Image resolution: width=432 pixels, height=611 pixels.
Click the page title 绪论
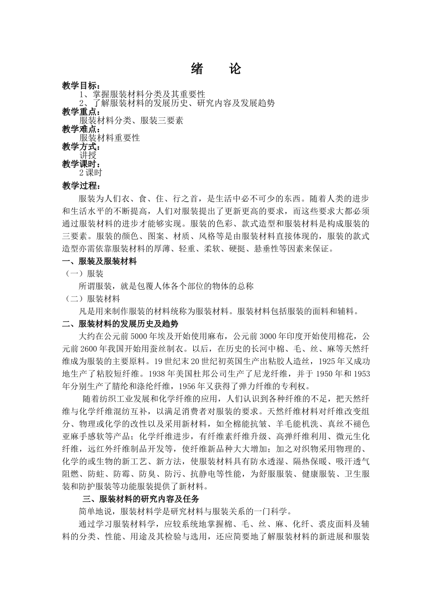(216, 69)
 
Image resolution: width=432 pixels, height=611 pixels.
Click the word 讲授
(88, 155)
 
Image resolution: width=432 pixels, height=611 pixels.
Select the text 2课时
(91, 172)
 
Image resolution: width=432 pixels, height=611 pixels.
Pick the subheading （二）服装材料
(92, 299)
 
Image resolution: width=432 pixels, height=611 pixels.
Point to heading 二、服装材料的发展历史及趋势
(120, 324)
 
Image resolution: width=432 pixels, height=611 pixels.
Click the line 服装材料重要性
(110, 138)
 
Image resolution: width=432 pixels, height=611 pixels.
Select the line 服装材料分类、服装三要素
(131, 120)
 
